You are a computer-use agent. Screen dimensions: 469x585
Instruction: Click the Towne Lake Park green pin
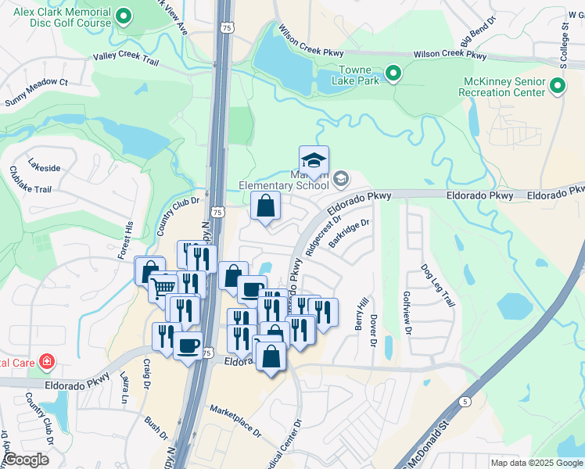click(x=393, y=75)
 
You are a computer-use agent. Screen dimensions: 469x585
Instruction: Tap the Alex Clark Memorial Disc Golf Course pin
click(x=123, y=16)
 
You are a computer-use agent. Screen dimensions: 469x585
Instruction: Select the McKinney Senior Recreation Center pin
click(x=557, y=87)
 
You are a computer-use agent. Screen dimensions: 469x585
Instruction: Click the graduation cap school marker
click(x=314, y=160)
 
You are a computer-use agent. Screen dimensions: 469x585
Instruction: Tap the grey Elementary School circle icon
click(x=340, y=180)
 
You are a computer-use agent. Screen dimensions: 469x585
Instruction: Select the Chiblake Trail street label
click(x=31, y=178)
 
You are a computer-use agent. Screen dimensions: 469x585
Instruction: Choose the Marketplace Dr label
click(x=235, y=420)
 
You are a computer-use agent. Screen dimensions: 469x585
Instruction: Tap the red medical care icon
click(x=48, y=361)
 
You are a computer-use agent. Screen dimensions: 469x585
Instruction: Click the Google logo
click(x=25, y=460)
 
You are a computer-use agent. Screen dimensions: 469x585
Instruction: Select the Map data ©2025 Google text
click(x=536, y=463)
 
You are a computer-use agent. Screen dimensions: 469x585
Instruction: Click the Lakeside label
click(x=44, y=167)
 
